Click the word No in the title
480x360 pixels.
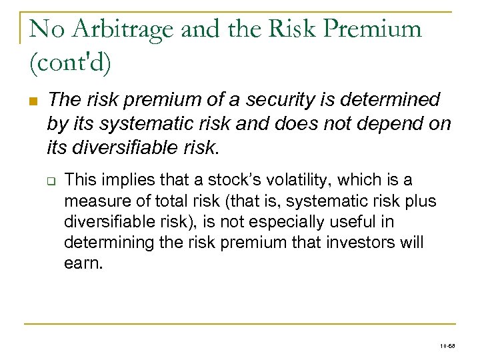[x=44, y=29]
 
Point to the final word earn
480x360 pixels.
[x=83, y=262]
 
